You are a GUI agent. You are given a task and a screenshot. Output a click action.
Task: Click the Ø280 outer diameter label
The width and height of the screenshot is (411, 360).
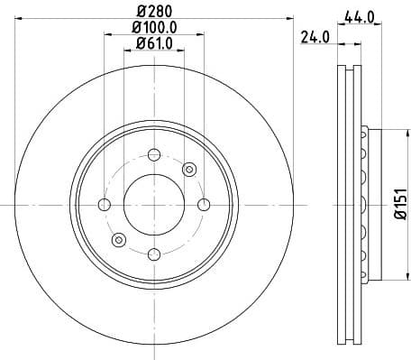(x=153, y=11)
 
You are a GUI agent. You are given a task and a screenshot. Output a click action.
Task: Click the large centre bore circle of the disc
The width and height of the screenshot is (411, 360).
(x=153, y=204)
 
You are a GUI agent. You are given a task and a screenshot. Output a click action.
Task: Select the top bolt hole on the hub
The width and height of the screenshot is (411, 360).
(x=153, y=153)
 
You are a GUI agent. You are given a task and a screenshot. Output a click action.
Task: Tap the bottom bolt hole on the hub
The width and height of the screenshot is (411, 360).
(x=153, y=254)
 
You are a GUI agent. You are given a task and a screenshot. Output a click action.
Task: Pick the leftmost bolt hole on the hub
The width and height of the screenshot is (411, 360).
(x=104, y=204)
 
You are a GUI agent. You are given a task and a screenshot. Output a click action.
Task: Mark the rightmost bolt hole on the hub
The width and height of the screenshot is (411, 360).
(x=204, y=204)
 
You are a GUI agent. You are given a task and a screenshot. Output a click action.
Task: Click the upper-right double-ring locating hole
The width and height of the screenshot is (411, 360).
(x=189, y=169)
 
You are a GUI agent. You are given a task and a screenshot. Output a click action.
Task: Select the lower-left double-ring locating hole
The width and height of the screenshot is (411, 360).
(x=118, y=239)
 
